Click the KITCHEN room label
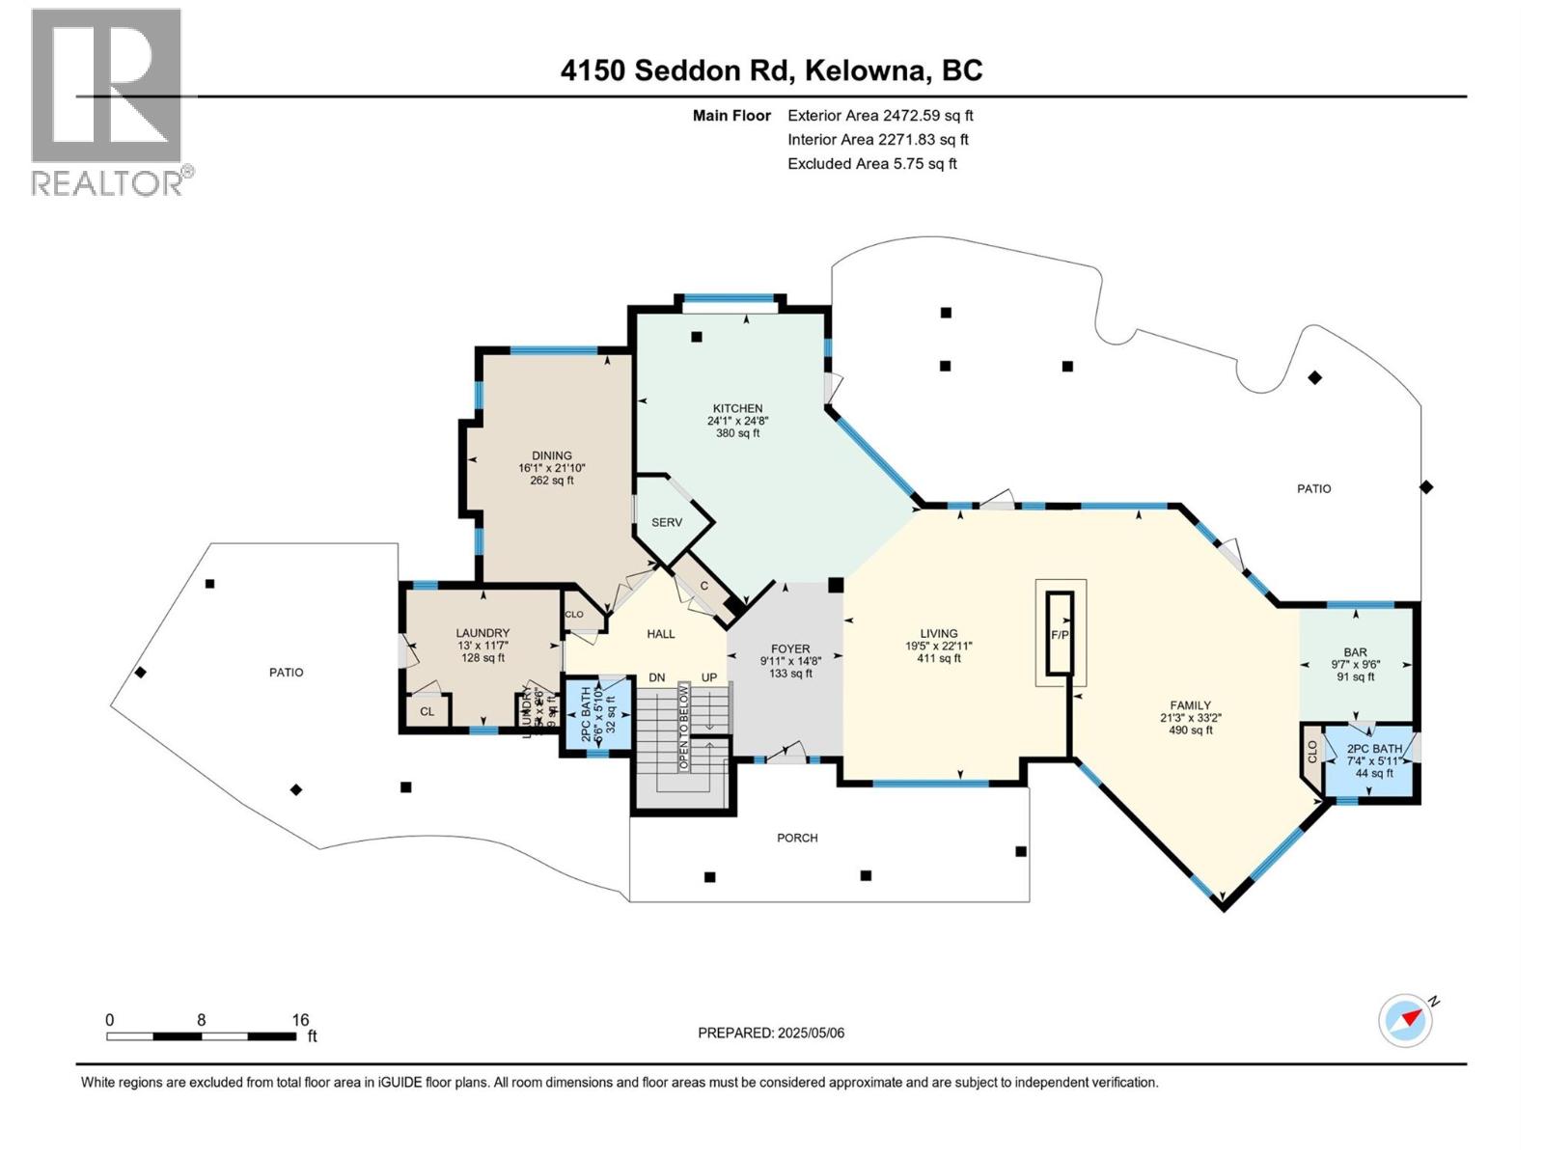[737, 408]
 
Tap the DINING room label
[551, 455]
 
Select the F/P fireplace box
[1060, 634]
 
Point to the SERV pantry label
[666, 522]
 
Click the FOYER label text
[789, 648]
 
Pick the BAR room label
[1355, 652]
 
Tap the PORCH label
[797, 838]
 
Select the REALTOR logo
[108, 101]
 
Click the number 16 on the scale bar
[300, 1019]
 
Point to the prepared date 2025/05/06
[771, 1033]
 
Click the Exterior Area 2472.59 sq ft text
[880, 115]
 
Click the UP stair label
[709, 677]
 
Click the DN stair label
[657, 677]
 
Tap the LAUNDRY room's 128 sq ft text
[482, 658]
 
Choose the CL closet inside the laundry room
[427, 711]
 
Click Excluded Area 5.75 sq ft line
[871, 163]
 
